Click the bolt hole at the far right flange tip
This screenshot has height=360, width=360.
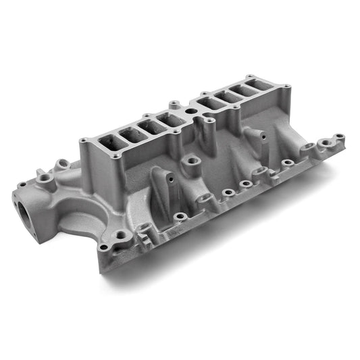click(x=339, y=136)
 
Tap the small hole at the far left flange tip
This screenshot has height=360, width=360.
click(x=22, y=184)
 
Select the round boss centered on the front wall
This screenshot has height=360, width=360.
click(x=193, y=161)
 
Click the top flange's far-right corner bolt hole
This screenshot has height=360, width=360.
click(x=288, y=86)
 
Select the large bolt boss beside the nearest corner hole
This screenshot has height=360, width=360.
click(x=121, y=236)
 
